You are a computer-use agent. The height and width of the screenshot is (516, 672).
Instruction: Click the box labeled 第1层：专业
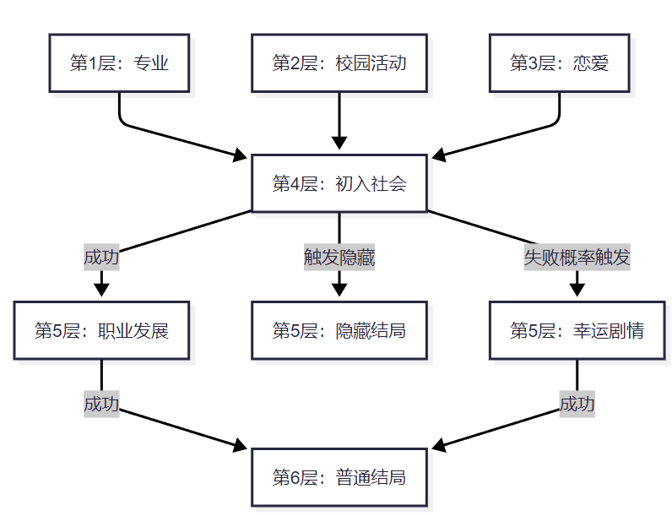tap(119, 63)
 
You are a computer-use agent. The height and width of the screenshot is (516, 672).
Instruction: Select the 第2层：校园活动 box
tap(339, 63)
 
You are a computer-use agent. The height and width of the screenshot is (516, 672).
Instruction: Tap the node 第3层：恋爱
tap(559, 63)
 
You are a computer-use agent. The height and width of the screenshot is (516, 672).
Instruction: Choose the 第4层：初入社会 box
tap(339, 183)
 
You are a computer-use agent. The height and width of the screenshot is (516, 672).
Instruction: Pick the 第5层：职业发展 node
tap(101, 330)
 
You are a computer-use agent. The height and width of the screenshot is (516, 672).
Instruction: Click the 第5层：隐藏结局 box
tap(339, 330)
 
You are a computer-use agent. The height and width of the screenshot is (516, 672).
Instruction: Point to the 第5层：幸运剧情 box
tap(577, 330)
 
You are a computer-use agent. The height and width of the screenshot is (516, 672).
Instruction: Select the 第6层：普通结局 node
tap(339, 477)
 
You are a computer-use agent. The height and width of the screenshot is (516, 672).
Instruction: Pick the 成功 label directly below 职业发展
tap(101, 405)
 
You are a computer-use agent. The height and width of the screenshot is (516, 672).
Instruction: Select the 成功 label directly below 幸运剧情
tap(577, 405)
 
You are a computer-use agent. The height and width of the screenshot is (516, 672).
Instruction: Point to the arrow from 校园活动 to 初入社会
tap(339, 118)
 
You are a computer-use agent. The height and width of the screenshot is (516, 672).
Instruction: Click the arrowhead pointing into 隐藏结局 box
tap(339, 289)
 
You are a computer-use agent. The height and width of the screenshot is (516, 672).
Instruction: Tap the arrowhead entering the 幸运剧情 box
tap(577, 289)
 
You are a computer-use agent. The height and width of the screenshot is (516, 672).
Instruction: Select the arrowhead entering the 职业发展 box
tap(101, 289)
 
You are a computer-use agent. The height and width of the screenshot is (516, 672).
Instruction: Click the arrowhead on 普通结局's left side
tap(241, 445)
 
